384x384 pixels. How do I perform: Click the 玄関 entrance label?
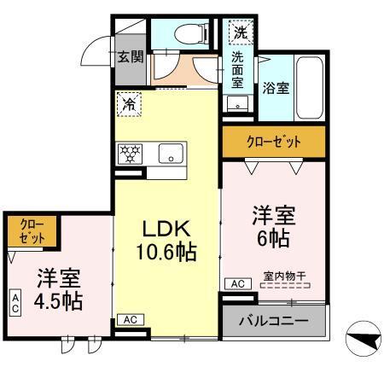point(130,57)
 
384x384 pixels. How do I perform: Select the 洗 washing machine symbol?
point(239,33)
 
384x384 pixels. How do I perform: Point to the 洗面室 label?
point(238,70)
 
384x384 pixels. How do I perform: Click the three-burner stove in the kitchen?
point(133,154)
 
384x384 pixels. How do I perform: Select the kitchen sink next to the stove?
point(171,154)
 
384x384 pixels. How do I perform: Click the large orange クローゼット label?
point(273,141)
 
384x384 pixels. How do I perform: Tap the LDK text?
point(166,229)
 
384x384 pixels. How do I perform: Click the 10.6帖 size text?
point(166,252)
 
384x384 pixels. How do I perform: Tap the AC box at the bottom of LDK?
point(130,319)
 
